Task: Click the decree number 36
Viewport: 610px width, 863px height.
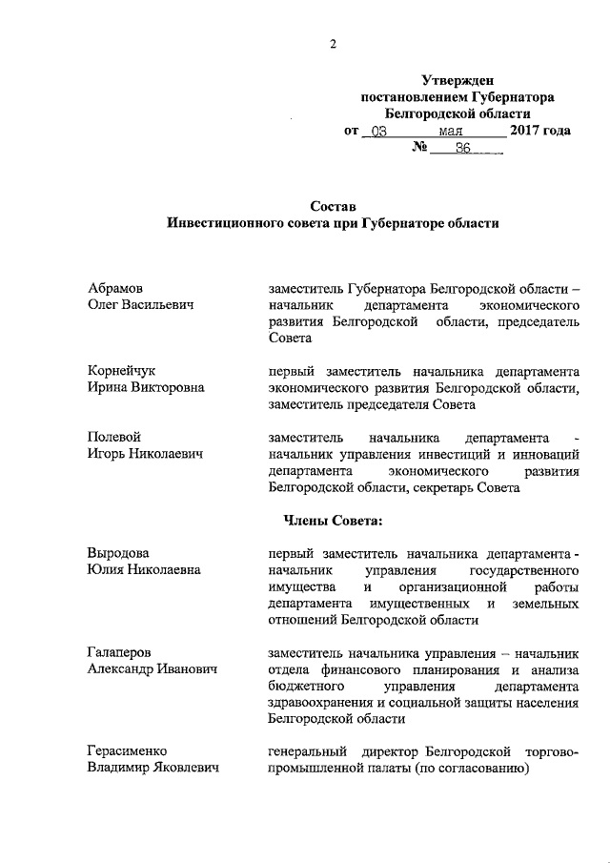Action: point(464,148)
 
